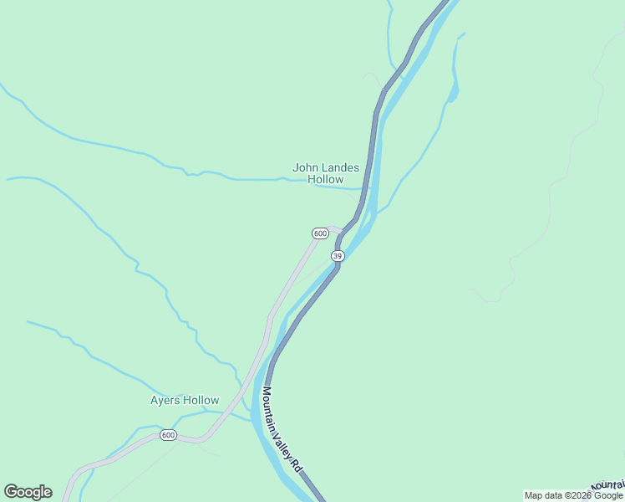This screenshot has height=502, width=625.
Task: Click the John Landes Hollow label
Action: [x=326, y=173]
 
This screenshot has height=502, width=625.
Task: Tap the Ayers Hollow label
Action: [x=185, y=401]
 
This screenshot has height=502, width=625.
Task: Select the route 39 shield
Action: [x=337, y=255]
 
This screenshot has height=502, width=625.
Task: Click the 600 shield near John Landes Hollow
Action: [x=320, y=233]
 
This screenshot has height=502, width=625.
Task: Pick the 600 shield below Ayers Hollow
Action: [x=168, y=435]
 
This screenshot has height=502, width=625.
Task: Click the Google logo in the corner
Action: [x=28, y=492]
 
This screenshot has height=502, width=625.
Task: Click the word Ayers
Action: [x=165, y=401]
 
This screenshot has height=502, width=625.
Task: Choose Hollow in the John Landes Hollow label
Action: [x=326, y=179]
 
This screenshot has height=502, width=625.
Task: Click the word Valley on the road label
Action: [x=285, y=440]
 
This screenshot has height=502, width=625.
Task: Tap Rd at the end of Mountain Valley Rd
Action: [x=296, y=465]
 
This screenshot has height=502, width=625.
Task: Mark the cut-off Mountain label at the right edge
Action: [x=607, y=485]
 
